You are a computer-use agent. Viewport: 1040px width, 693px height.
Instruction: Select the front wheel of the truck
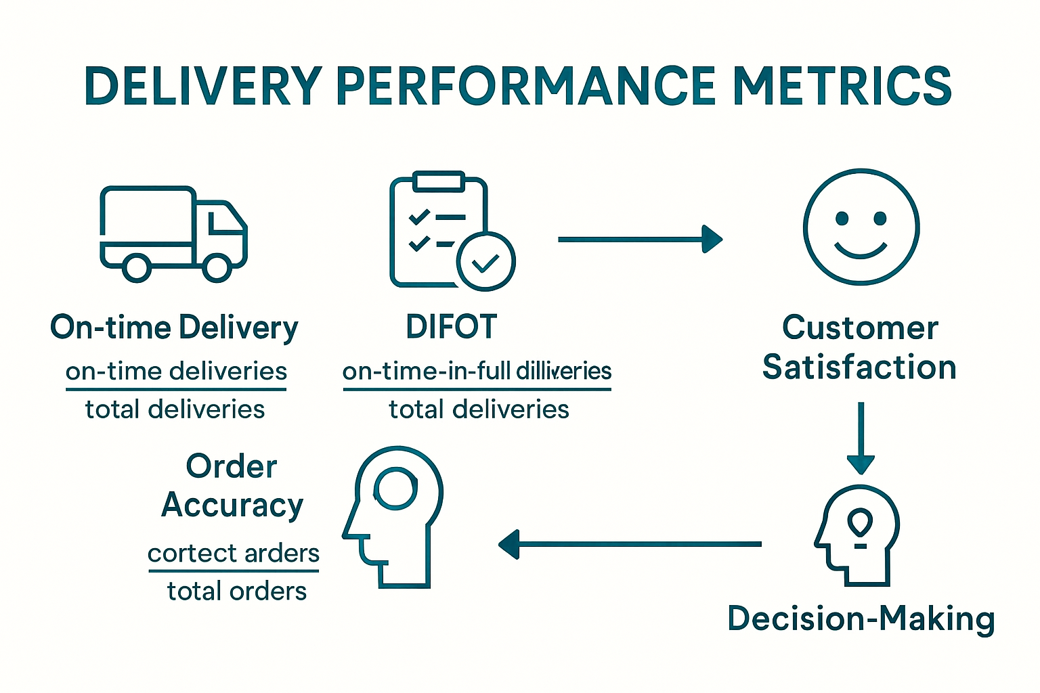[x=217, y=267]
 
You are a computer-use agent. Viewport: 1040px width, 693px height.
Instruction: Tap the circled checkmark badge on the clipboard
[x=485, y=261]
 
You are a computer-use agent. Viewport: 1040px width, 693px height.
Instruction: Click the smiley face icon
[x=861, y=227]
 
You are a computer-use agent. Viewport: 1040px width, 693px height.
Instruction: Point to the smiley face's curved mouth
[x=861, y=250]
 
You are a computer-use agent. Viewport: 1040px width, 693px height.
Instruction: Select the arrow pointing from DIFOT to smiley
[x=640, y=239]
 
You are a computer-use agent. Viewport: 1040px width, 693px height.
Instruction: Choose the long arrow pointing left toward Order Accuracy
[x=630, y=543]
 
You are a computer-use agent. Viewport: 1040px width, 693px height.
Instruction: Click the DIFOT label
[x=452, y=327]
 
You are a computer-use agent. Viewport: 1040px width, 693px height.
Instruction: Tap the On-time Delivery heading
[x=174, y=328]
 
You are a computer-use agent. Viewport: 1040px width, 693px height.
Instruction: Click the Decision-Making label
[x=861, y=619]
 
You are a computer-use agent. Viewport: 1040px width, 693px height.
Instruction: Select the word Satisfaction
[x=859, y=367]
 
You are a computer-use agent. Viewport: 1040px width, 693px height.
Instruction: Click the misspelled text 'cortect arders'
[x=234, y=554]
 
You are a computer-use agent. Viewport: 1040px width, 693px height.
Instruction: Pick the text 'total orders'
[x=236, y=591]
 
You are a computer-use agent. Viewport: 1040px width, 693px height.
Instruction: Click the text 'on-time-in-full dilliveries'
[x=477, y=372]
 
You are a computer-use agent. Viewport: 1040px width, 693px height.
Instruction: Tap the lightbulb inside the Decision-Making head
[x=860, y=524]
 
